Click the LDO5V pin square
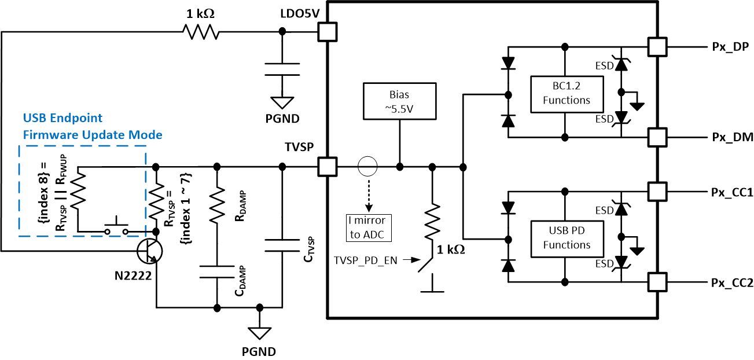[x=328, y=32]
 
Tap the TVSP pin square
[x=328, y=167]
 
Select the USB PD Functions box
[x=567, y=238]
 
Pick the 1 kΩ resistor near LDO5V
[x=201, y=32]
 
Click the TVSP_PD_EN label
[x=365, y=260]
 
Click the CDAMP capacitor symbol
[x=216, y=271]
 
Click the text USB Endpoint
[x=63, y=118]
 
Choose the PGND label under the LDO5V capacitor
[x=282, y=120]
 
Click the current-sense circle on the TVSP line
[x=366, y=167]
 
